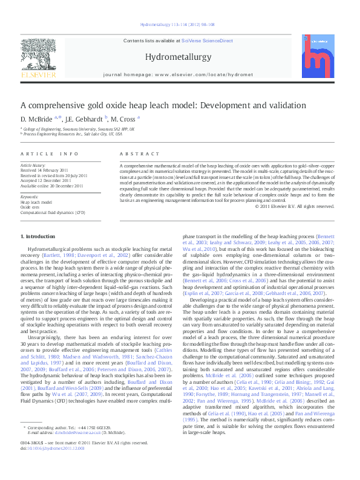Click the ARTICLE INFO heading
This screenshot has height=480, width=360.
[x=49, y=154]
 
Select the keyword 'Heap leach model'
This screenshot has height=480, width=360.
[x=35, y=203]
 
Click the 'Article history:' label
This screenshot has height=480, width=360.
[x=33, y=165]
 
